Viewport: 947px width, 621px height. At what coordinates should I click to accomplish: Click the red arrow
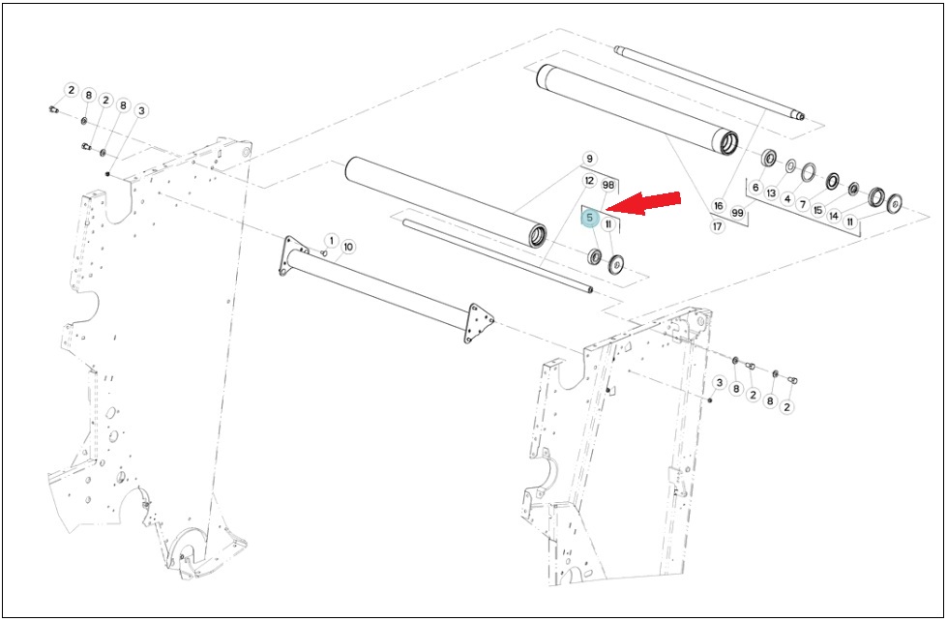[642, 203]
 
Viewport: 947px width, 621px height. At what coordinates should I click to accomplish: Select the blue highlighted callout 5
[590, 219]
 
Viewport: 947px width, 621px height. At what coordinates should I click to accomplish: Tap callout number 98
[608, 185]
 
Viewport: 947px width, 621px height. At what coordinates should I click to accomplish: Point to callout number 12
[589, 181]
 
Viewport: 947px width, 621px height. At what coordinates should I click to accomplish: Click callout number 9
[589, 159]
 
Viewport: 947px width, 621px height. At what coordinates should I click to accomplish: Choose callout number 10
[348, 247]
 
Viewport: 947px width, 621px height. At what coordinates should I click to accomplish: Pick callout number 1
[331, 241]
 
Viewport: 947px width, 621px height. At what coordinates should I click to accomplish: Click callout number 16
[718, 206]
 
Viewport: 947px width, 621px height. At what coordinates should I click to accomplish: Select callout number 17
[717, 227]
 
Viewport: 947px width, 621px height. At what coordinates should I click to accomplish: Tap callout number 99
[737, 213]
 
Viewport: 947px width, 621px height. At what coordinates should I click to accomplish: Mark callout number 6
[755, 188]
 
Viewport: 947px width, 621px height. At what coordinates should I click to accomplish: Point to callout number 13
[771, 193]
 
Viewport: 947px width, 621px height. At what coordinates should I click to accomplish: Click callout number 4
[787, 198]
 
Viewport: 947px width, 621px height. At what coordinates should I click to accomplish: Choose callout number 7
[803, 205]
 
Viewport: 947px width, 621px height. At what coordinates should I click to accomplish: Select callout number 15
[818, 210]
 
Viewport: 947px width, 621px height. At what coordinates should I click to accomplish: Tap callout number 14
[834, 216]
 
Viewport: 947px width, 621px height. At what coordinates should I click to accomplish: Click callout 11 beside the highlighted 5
[608, 224]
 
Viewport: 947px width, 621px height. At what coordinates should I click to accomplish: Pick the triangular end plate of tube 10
[478, 322]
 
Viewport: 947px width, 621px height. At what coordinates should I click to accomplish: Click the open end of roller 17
[727, 143]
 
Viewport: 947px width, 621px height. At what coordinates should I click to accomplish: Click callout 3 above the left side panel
[142, 111]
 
